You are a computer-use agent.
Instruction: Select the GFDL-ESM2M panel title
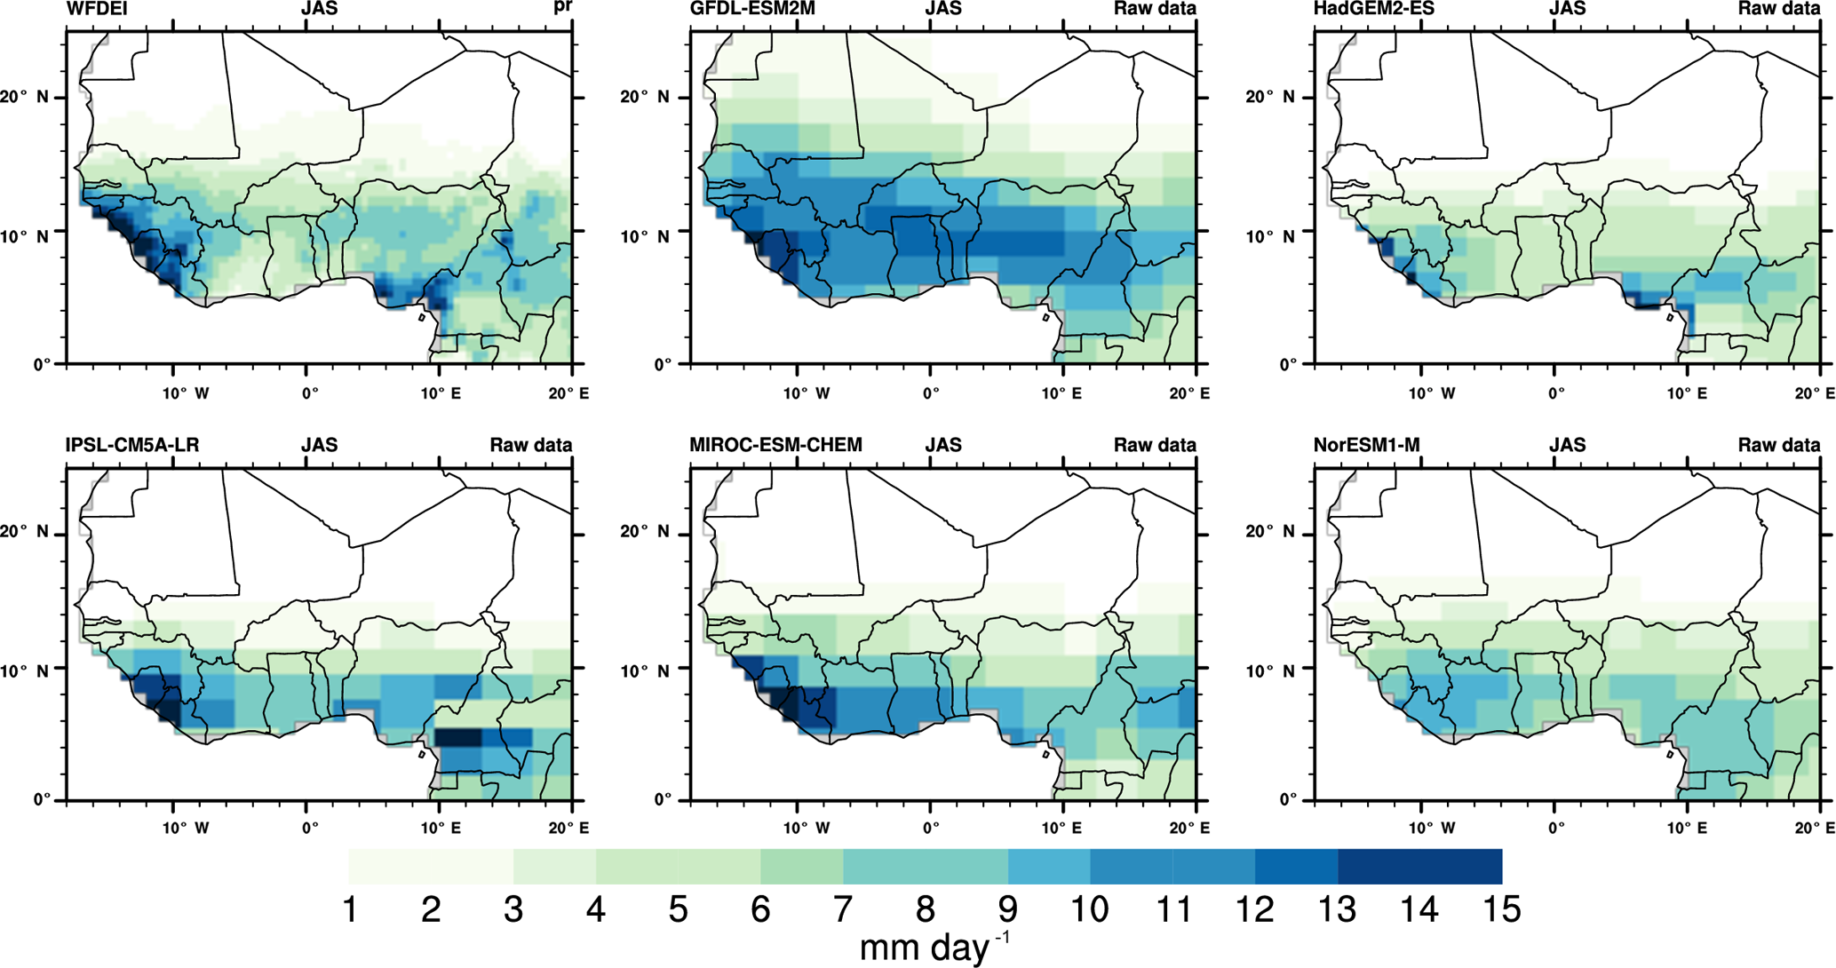pos(752,10)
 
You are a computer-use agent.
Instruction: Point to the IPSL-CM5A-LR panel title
pos(132,446)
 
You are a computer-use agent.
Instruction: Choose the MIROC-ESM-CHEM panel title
pos(775,446)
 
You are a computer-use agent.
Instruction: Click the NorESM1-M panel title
pos(1366,446)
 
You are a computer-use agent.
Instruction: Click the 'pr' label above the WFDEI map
pos(562,10)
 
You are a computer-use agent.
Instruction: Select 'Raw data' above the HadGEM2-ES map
pos(1779,10)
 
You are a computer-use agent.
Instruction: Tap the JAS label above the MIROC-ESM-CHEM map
pos(943,446)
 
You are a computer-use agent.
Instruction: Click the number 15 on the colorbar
pos(1500,910)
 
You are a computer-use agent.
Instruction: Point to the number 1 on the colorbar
pos(350,910)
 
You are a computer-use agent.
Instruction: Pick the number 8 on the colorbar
pos(925,910)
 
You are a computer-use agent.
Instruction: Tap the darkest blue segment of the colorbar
pos(1419,867)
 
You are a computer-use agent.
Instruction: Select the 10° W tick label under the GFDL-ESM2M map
pos(807,393)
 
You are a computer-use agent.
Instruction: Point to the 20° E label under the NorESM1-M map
pos(1813,829)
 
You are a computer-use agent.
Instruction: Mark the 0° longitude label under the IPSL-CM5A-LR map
pos(309,829)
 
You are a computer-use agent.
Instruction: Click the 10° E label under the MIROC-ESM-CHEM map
pos(1062,829)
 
